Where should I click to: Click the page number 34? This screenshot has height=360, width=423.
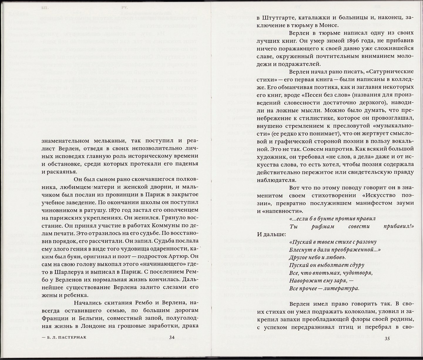coord(172,337)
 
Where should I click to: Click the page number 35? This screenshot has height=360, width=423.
coord(387,339)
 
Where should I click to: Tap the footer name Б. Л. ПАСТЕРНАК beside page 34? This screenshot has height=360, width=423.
coord(64,337)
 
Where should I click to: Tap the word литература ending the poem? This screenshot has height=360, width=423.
coord(342,288)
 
